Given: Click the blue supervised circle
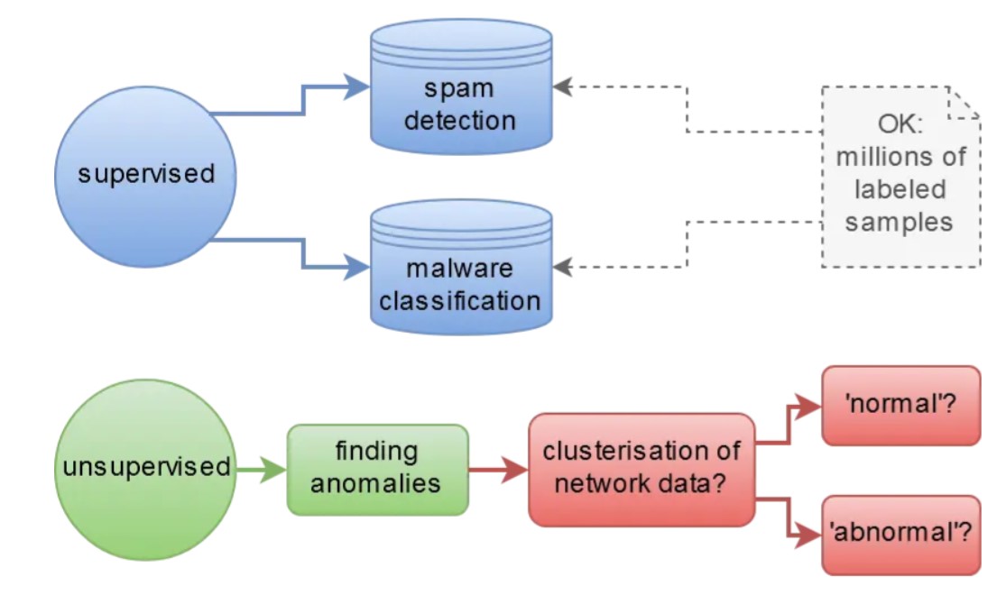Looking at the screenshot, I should click(146, 173).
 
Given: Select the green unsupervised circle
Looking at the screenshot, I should click(146, 468).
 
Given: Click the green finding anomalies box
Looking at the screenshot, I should click(377, 469).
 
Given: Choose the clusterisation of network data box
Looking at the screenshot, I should click(641, 469).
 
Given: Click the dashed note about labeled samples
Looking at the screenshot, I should click(900, 176).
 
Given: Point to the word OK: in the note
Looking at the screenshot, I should click(900, 124).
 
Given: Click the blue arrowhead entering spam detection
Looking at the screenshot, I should click(359, 87).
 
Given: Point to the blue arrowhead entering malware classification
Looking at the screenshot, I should click(359, 267).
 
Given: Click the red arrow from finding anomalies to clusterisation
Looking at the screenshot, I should click(499, 469).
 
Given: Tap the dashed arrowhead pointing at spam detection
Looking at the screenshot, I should click(563, 87).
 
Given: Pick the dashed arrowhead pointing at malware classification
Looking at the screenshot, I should click(563, 267).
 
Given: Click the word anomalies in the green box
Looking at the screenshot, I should click(376, 483).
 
